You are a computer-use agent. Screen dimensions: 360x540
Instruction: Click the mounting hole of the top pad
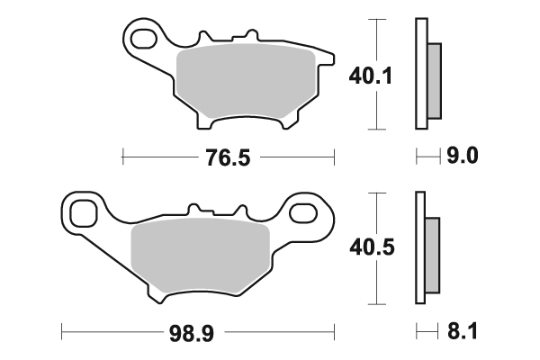142,40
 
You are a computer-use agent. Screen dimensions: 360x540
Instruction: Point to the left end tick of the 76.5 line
122,158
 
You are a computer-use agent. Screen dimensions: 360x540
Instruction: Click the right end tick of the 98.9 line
334,333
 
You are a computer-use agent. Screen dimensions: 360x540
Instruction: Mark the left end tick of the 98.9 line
61,333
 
